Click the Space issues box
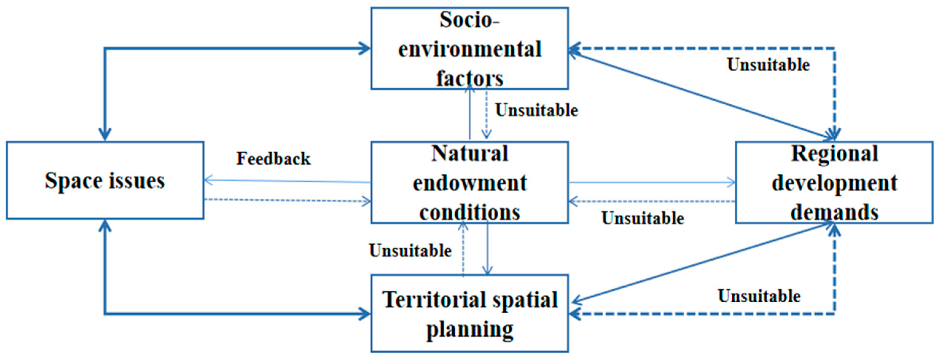pos(105,180)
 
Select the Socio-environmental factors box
pos(469,48)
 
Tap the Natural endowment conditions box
pos(469,182)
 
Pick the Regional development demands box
pos(834,182)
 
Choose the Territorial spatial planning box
pos(469,313)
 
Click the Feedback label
pos(274,159)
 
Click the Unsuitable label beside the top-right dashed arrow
pos(768,65)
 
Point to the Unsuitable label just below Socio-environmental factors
pos(536,110)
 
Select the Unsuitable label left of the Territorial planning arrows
pos(411,251)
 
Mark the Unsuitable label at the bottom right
pos(759,296)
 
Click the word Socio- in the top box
pos(469,20)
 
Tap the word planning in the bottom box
pos(469,329)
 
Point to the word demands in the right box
pos(834,212)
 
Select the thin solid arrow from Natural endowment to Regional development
pos(652,182)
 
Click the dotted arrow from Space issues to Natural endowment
pos(288,200)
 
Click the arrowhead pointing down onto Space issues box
pos(105,134)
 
